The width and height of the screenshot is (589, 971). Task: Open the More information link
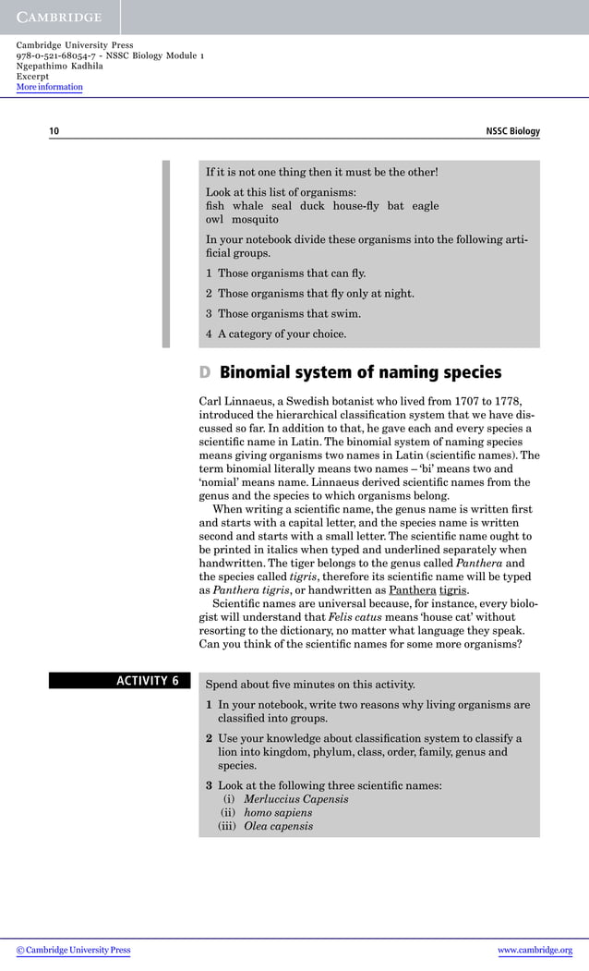click(x=49, y=88)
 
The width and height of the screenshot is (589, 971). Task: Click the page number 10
click(x=54, y=131)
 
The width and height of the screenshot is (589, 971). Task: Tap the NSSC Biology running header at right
click(x=512, y=131)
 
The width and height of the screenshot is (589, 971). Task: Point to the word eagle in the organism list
click(x=426, y=206)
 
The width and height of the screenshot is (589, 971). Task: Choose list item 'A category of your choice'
click(x=282, y=334)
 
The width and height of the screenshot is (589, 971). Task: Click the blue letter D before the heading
click(x=205, y=373)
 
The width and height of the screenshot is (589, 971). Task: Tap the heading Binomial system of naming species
click(x=360, y=373)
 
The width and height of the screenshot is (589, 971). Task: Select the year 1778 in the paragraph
click(x=505, y=402)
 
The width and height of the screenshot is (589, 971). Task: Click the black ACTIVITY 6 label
click(x=119, y=682)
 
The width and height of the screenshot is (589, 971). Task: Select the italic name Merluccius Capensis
click(x=295, y=799)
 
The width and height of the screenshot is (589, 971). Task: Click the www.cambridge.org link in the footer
click(x=535, y=950)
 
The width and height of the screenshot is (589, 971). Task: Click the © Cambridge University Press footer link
click(x=74, y=950)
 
